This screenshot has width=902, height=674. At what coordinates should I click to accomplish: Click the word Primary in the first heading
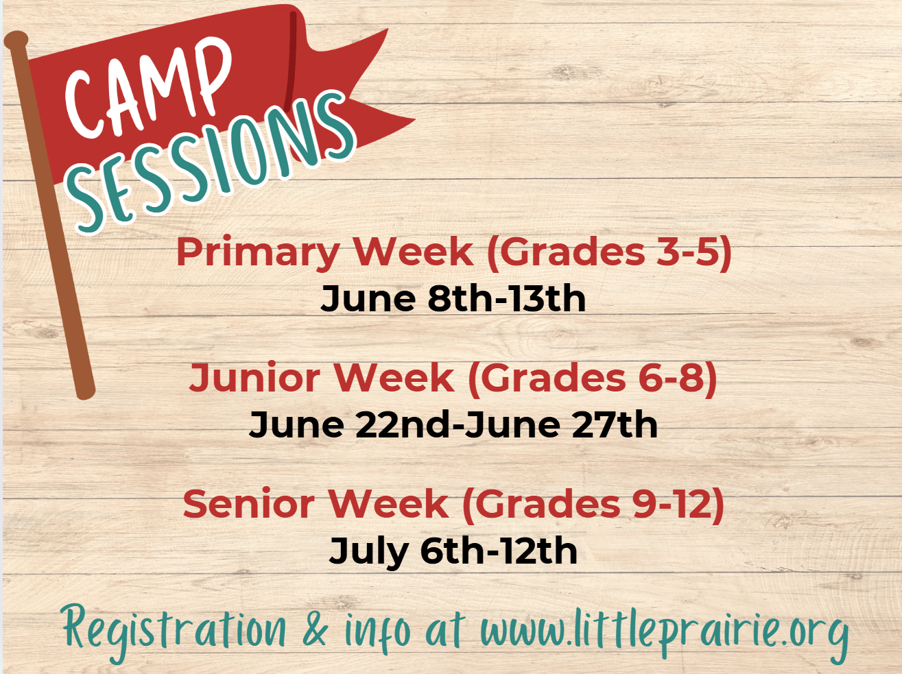(258, 254)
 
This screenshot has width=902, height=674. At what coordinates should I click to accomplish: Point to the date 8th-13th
(506, 300)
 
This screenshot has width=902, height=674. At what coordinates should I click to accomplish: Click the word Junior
(254, 378)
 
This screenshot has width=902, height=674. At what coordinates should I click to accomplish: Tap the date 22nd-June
(458, 424)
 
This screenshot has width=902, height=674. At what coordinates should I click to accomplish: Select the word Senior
(248, 503)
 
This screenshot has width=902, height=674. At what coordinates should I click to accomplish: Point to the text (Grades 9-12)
(593, 505)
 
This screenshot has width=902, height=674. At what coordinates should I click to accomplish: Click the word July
(368, 553)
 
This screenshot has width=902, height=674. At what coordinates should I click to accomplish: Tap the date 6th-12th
(499, 551)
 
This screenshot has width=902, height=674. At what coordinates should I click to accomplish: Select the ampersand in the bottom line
(316, 629)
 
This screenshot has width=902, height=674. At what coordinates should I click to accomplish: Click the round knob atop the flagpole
(16, 40)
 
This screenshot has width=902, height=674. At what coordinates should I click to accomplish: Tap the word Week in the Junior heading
(394, 378)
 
